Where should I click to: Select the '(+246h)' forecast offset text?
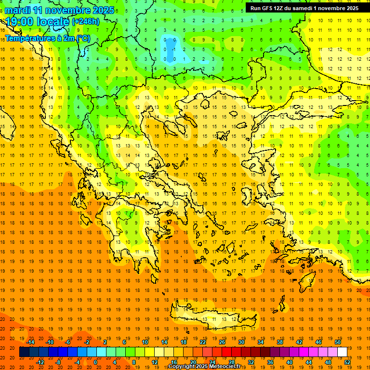coord(86,22)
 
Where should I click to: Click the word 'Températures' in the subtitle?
coord(29,38)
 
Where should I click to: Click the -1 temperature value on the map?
coord(173,49)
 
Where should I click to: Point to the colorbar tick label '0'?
coord(95,362)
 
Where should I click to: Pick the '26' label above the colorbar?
coord(222,342)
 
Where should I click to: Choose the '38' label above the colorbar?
coord(280,342)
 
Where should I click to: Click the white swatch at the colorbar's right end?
coord(342,352)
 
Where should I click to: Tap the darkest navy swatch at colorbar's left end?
coord(24,352)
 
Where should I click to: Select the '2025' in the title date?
coord(104,10)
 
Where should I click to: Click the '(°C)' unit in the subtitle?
coord(83,38)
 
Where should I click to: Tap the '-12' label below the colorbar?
coord(40,362)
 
